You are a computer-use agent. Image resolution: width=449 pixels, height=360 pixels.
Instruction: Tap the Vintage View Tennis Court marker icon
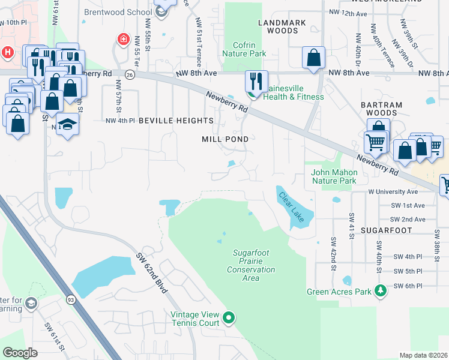228,317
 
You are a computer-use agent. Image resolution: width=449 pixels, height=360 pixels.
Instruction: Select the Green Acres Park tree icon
379,292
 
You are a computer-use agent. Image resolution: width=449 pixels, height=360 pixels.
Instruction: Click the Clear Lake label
291,207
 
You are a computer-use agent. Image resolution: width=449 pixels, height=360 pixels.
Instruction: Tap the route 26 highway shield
130,74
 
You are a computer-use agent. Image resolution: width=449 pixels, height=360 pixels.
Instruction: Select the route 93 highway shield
71,299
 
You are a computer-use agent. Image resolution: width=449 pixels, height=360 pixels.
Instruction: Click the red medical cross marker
124,40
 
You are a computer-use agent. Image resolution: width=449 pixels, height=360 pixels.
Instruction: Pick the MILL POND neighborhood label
225,139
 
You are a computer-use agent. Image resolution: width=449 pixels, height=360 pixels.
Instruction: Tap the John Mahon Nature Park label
334,176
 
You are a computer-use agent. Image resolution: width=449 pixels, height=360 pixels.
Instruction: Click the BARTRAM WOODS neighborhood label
381,109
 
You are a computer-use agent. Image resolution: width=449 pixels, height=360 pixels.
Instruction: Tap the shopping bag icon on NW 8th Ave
313,58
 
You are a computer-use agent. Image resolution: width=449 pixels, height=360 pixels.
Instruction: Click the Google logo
20,353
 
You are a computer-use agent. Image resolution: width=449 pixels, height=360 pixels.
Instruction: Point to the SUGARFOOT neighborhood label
387,230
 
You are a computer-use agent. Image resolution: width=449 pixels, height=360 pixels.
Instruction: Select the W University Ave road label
393,192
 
